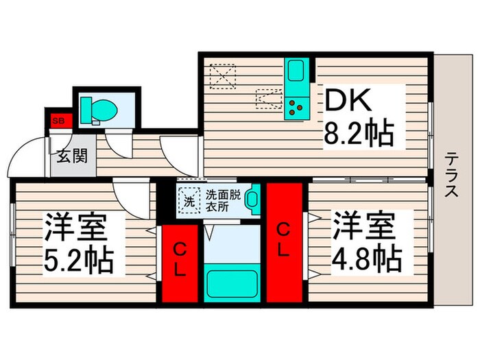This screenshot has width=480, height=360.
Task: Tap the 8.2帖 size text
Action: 359,134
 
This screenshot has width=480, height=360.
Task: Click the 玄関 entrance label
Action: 71,156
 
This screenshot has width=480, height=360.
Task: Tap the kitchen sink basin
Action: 296,71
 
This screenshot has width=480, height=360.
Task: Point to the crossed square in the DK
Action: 223,75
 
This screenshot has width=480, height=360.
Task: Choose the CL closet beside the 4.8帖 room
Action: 283,243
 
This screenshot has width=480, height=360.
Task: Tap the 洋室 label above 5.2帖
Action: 77,227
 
